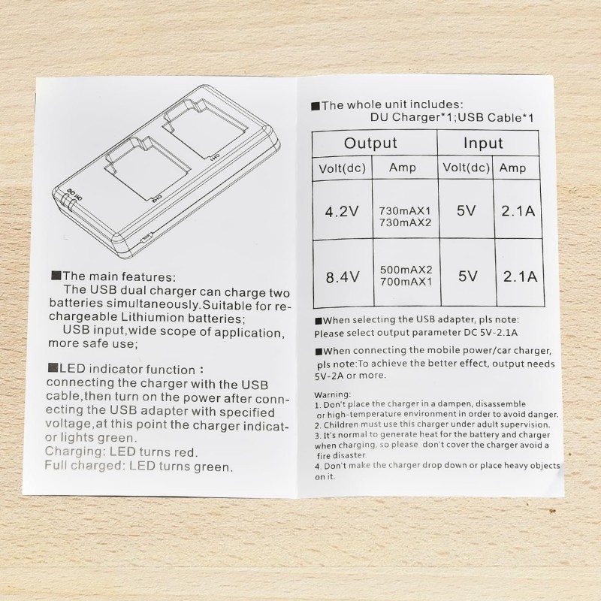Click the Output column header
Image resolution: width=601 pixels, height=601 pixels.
click(370, 143)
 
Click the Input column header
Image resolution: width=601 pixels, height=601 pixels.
click(483, 143)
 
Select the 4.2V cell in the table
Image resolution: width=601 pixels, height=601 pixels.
click(342, 211)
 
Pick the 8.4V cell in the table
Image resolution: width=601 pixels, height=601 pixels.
click(343, 276)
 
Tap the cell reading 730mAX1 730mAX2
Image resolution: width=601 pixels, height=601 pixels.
click(405, 216)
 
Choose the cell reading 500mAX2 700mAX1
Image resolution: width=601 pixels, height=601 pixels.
click(406, 276)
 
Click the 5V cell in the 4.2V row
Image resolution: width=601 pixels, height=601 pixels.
click(466, 211)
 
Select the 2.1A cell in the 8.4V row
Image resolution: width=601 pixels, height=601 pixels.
click(520, 276)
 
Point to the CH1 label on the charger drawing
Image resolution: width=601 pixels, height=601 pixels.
click(214, 157)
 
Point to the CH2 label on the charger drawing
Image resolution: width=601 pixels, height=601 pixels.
click(157, 198)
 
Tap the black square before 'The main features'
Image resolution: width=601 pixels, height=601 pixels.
click(56, 275)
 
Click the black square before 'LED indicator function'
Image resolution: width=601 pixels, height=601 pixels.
click(53, 368)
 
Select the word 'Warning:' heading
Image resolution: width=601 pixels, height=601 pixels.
click(333, 394)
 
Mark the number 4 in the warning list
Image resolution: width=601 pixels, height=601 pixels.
click(318, 467)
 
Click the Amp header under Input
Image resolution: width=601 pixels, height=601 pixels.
click(512, 168)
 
